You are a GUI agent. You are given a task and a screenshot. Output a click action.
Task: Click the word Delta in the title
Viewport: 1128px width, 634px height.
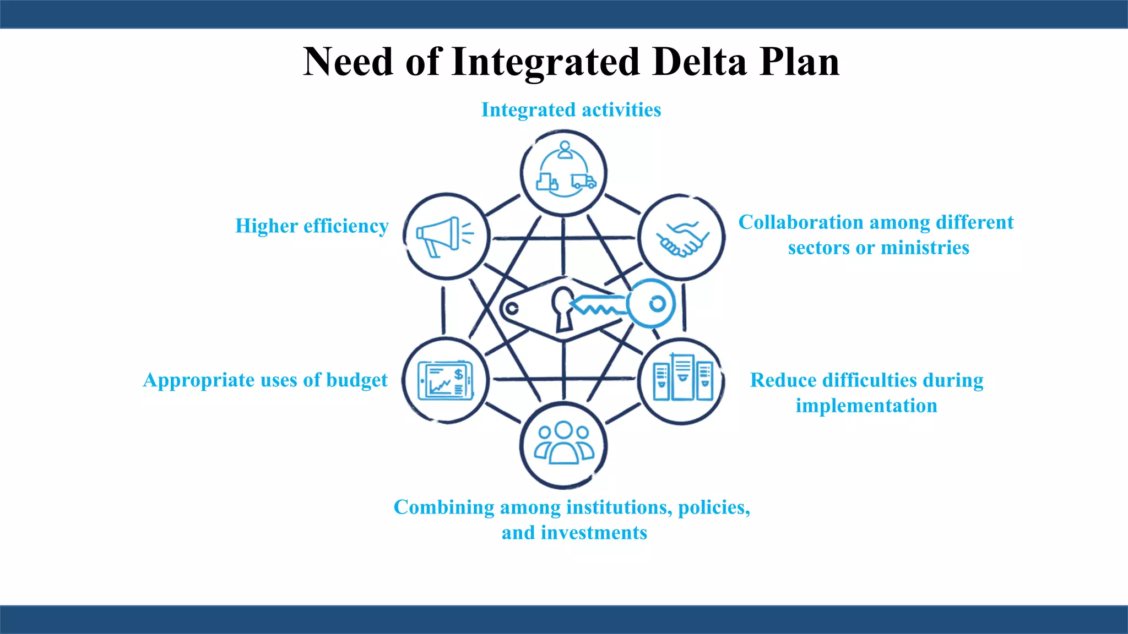tap(699, 62)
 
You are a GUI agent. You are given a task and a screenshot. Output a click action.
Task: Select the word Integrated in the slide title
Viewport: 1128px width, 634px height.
tap(545, 62)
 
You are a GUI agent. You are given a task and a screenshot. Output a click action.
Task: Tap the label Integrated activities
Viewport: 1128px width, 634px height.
tap(571, 110)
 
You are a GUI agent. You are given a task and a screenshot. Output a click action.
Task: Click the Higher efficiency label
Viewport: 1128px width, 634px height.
tap(312, 226)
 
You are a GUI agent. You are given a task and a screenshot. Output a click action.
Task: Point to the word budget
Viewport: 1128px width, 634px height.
tap(357, 380)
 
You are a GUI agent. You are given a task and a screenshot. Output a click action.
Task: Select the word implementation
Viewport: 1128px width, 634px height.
tap(866, 406)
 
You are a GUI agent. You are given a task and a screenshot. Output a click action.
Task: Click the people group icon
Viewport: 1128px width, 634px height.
tap(563, 444)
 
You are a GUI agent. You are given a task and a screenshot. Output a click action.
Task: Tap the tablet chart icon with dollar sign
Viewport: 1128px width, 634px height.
tap(445, 380)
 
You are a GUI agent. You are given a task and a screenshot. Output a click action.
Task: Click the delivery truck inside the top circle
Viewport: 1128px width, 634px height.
tap(583, 181)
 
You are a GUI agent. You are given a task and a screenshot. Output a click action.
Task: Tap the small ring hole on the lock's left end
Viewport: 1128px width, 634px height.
tap(512, 308)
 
